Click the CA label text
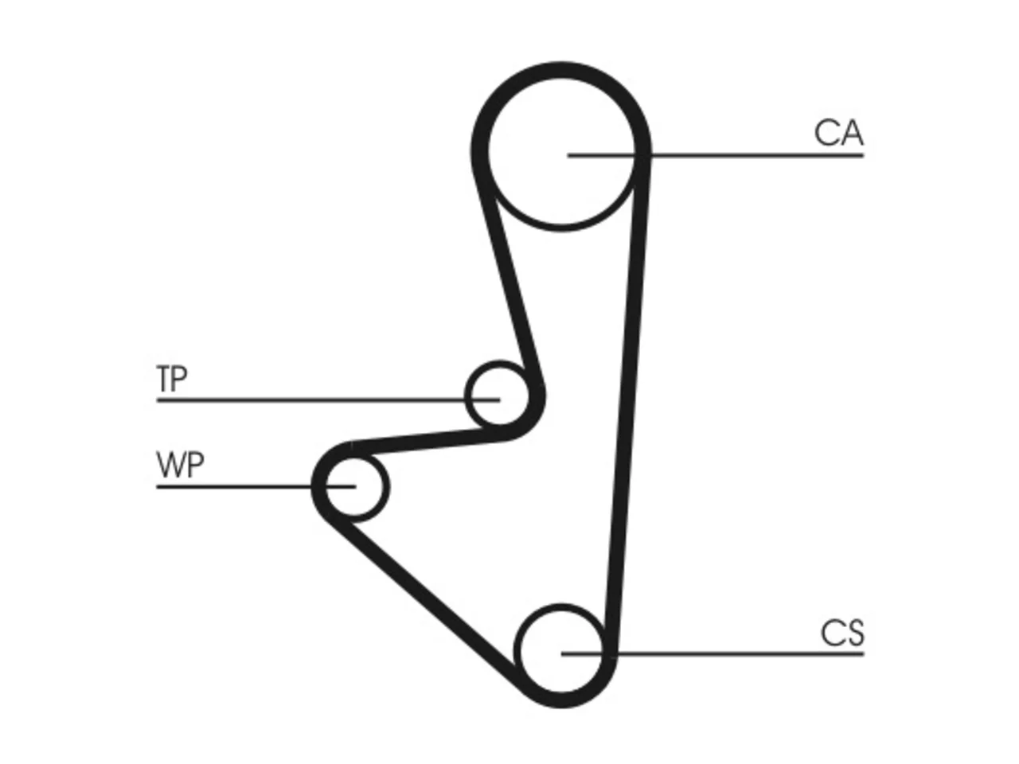(838, 133)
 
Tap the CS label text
(842, 633)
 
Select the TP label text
(172, 379)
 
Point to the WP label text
(180, 465)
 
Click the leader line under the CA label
(716, 155)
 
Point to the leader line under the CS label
(713, 654)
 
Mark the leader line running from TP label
(328, 400)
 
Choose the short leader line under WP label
(256, 486)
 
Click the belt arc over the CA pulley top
(560, 69)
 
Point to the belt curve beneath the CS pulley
(560, 700)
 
